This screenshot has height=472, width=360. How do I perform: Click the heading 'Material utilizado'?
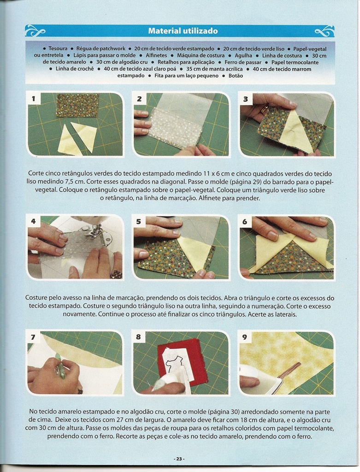click(x=183, y=31)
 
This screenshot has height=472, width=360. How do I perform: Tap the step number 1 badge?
click(x=33, y=99)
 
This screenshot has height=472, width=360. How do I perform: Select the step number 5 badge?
click(x=138, y=222)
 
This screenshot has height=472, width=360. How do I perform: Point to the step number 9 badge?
click(x=244, y=337)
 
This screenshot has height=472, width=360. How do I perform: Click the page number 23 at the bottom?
click(x=179, y=459)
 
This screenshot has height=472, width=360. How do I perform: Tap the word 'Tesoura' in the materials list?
click(x=58, y=48)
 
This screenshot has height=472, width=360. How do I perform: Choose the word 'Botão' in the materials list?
click(x=236, y=76)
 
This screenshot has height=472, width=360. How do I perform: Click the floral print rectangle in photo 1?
click(x=77, y=106)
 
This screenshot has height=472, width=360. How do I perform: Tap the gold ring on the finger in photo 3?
click(x=264, y=109)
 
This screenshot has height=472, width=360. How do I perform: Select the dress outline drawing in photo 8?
click(x=174, y=364)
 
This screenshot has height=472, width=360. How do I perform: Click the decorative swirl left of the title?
click(x=35, y=31)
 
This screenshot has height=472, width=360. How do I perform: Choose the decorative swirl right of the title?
click(x=324, y=31)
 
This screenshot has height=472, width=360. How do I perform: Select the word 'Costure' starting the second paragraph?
click(x=36, y=298)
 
